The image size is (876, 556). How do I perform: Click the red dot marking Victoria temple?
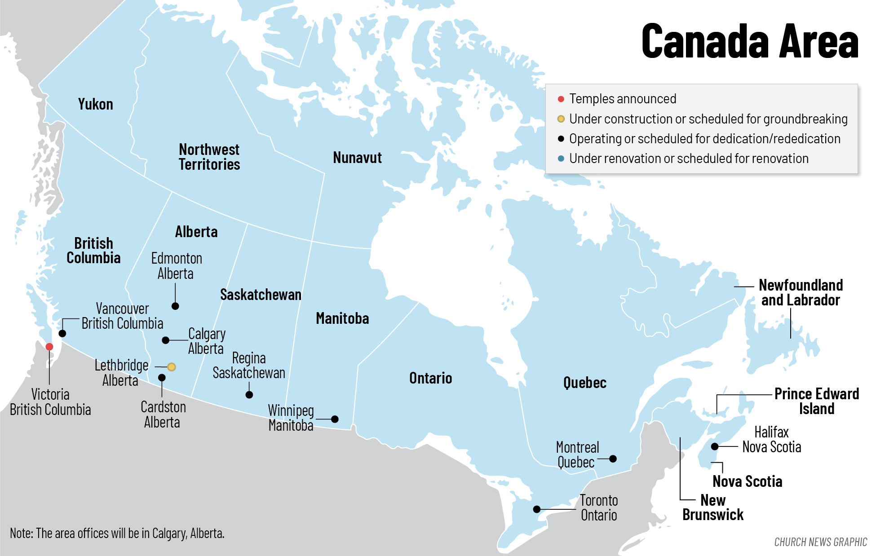click(x=49, y=347)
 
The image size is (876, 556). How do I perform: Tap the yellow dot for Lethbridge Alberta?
click(x=171, y=367)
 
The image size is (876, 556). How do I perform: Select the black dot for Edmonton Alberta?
click(x=175, y=306)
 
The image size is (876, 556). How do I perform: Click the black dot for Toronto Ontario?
click(x=536, y=509)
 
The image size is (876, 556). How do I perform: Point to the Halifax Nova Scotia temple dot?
click(x=714, y=446)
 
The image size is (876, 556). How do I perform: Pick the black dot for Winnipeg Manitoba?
click(x=335, y=419)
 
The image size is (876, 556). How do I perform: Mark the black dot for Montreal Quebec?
click(x=613, y=459)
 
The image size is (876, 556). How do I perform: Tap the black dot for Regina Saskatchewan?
click(x=249, y=395)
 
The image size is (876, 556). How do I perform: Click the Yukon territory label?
click(x=95, y=104)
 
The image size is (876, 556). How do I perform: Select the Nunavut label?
click(x=357, y=158)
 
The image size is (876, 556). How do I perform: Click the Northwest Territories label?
click(x=209, y=157)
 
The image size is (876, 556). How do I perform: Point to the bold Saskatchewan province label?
click(x=261, y=295)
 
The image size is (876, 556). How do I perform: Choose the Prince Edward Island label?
click(x=816, y=401)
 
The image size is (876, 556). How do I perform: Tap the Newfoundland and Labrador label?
click(x=801, y=292)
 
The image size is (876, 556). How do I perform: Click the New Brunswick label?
click(x=713, y=507)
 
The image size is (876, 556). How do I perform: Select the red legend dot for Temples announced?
click(x=561, y=99)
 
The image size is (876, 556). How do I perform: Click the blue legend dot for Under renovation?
click(x=561, y=159)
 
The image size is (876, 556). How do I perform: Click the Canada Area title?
click(x=749, y=41)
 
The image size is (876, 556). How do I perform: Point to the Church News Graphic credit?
click(x=820, y=542)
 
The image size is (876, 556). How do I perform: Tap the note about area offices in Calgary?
click(x=117, y=533)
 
